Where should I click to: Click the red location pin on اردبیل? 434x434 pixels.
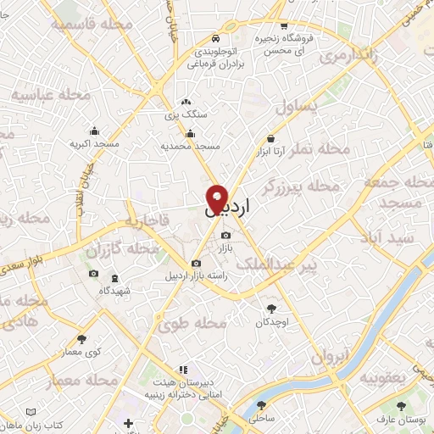click(x=217, y=198)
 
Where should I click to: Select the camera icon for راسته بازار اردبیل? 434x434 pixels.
click(x=197, y=264)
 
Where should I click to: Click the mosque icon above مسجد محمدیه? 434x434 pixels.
click(x=190, y=133)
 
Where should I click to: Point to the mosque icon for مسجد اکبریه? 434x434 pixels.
click(x=93, y=131)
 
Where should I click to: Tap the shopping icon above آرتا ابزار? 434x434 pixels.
click(x=270, y=138)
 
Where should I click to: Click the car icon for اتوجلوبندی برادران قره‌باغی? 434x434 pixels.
click(x=216, y=38)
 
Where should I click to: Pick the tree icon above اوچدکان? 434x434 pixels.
click(x=271, y=309)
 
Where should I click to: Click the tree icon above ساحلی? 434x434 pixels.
click(x=258, y=406)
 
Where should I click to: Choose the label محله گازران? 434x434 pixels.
click(x=122, y=250)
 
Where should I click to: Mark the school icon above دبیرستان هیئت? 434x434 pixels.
click(x=181, y=370)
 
